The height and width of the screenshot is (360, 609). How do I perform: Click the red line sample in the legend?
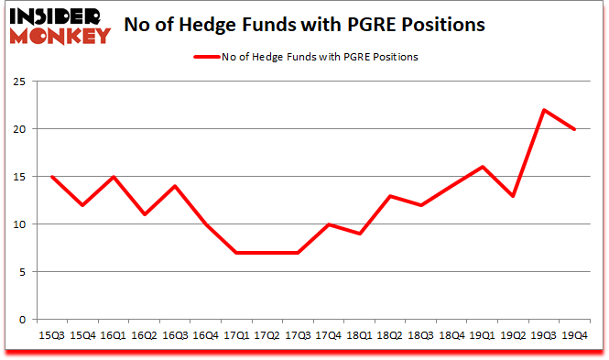[206, 57]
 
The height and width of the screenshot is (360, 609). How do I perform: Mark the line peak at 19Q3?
[544, 110]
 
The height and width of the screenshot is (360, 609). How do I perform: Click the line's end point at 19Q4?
[574, 129]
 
